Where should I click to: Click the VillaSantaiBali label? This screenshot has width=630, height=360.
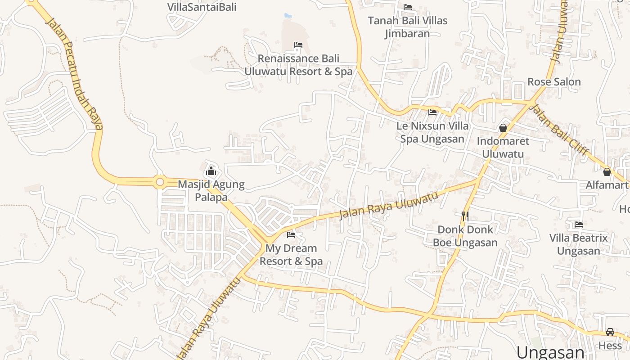(202, 7)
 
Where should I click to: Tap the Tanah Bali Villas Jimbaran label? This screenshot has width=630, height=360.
(408, 27)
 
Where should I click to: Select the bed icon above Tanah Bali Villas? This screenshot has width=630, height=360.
(408, 7)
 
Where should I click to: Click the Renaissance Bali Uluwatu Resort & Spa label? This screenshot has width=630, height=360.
(298, 65)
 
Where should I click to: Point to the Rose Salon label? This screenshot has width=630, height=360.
(554, 82)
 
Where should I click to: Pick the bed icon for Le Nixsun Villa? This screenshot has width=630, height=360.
(432, 112)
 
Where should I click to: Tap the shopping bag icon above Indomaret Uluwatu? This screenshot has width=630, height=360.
(503, 128)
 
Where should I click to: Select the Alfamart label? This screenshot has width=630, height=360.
(607, 185)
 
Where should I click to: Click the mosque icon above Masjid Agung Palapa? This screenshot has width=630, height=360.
(211, 171)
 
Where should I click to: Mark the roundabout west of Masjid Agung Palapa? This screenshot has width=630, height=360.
(159, 182)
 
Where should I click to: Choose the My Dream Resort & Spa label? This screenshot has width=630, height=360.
(291, 255)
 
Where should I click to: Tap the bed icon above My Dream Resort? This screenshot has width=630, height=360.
(291, 234)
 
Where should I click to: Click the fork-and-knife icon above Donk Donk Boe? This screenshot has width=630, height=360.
(465, 216)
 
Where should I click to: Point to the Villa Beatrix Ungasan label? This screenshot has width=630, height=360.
(579, 244)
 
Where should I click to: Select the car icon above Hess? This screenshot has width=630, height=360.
(610, 332)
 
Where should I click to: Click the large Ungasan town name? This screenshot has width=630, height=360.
(550, 352)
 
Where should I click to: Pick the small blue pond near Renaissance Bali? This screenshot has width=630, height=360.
(288, 16)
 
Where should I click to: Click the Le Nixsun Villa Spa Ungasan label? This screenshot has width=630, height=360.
(432, 132)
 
